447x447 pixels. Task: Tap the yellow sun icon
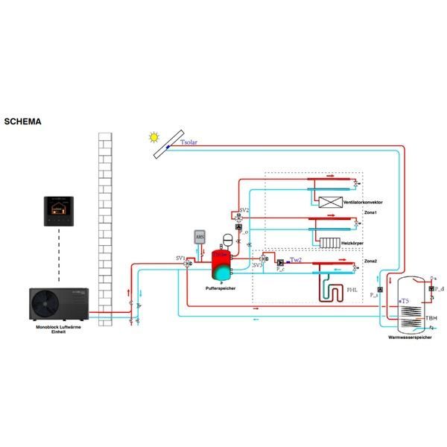pyautogui.click(x=153, y=137)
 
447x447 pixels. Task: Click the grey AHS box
pyautogui.click(x=200, y=237)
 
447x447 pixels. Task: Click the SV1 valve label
pyautogui.click(x=180, y=258)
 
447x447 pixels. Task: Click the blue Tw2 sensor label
pyautogui.click(x=296, y=260)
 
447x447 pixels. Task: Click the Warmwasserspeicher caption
pyautogui.click(x=408, y=338)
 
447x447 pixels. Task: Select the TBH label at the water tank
pyautogui.click(x=431, y=317)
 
